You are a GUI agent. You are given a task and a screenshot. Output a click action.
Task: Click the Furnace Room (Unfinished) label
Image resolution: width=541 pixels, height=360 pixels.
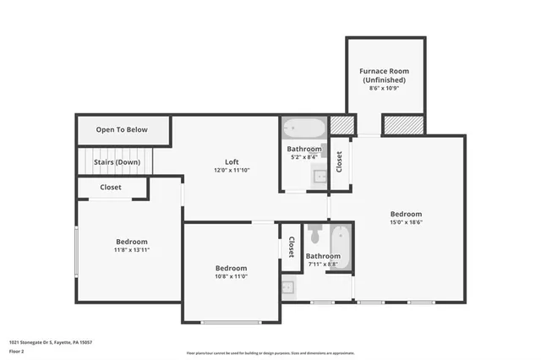pyautogui.click(x=385, y=75)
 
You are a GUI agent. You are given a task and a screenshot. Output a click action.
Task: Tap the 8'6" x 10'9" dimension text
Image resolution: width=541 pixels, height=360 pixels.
pyautogui.click(x=385, y=90)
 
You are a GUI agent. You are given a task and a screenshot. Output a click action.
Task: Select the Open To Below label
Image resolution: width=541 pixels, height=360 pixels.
pyautogui.click(x=122, y=129)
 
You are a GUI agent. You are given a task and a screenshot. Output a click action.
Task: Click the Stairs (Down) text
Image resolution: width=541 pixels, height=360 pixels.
pyautogui.click(x=117, y=161)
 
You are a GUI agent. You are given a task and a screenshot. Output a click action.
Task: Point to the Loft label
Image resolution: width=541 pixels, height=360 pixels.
pyautogui.click(x=232, y=161)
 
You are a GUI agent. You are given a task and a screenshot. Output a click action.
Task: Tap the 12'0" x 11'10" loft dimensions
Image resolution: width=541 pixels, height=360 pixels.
pyautogui.click(x=232, y=170)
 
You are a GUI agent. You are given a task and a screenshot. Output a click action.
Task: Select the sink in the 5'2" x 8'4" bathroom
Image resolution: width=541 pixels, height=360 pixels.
pyautogui.click(x=320, y=177)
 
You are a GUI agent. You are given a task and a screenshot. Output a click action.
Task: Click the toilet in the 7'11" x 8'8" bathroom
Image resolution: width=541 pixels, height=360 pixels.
pyautogui.click(x=314, y=233)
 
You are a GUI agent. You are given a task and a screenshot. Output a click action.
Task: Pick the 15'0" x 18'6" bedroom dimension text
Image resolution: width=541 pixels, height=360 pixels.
pyautogui.click(x=406, y=223)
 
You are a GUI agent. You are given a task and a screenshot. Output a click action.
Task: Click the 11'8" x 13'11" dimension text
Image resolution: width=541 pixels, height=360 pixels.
pyautogui.click(x=132, y=250)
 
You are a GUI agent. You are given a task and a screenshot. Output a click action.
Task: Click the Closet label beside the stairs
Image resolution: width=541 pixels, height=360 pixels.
pyautogui.click(x=111, y=187)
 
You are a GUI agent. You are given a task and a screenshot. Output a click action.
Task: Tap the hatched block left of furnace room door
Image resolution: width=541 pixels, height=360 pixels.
pyautogui.click(x=340, y=124)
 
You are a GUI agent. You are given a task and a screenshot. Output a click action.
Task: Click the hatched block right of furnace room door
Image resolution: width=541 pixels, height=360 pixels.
pyautogui.click(x=402, y=124)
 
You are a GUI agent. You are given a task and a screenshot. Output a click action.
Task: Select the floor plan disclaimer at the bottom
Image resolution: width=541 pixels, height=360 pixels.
pyautogui.click(x=270, y=353)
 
